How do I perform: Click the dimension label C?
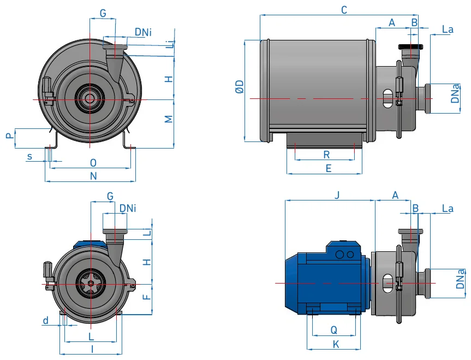(344, 10)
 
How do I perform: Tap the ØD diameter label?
(240, 87)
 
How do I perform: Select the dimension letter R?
(326, 155)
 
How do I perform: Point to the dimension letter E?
(329, 168)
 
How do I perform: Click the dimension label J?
(337, 195)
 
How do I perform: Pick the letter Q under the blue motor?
(333, 330)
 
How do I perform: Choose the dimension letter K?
(336, 344)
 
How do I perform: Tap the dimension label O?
(93, 163)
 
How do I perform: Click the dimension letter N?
(93, 176)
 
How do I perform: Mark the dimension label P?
(10, 135)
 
